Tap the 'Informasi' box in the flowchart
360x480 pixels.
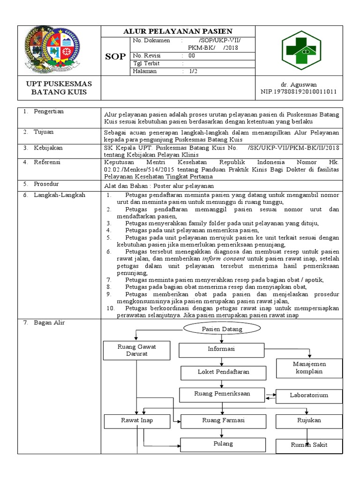(221, 349)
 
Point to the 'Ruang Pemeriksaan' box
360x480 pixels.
(222, 394)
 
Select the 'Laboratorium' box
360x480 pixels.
(308, 395)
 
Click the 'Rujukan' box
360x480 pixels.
(308, 420)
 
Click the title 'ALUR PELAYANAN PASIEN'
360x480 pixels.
(178, 31)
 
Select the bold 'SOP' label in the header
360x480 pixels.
(116, 56)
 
